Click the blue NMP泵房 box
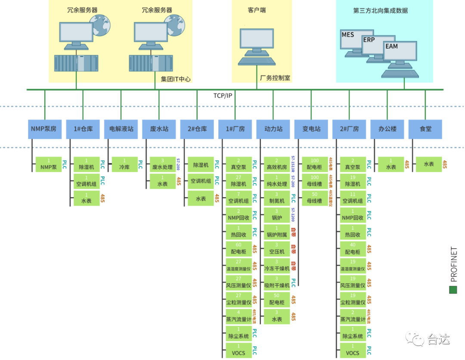[x=45, y=129]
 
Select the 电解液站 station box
[x=121, y=129]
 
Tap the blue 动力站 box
[x=273, y=129]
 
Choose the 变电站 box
[x=311, y=129]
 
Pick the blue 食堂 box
[x=425, y=129]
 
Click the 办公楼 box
[x=387, y=129]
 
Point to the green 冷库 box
[x=124, y=164]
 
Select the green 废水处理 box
[x=162, y=164]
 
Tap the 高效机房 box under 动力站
[x=276, y=164]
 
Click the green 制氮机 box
[x=276, y=198]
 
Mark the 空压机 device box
[x=276, y=248]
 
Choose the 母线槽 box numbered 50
[x=315, y=198]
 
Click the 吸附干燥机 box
[x=276, y=282]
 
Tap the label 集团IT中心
[x=176, y=79]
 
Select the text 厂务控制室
[x=275, y=78]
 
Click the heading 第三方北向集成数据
[x=380, y=11]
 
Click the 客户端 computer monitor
[x=257, y=39]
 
